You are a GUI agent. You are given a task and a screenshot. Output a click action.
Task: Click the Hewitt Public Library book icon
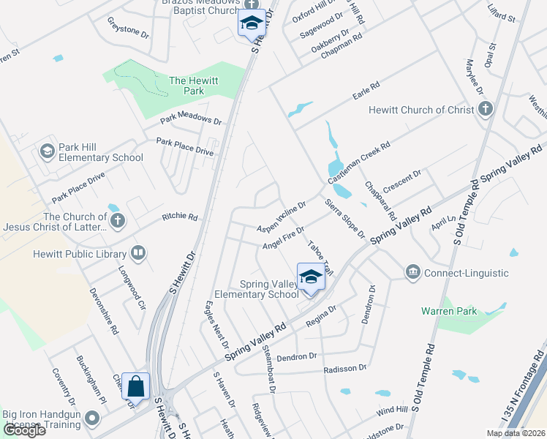pos(137,254)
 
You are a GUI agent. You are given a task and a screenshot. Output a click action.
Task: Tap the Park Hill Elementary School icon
pos(48,151)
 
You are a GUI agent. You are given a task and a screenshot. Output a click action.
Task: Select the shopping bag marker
pos(135,386)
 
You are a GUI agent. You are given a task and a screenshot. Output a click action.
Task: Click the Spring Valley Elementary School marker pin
pos(311,277)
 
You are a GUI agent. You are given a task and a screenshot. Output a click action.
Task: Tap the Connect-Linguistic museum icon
pos(413,273)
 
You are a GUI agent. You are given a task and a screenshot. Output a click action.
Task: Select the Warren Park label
pos(449,311)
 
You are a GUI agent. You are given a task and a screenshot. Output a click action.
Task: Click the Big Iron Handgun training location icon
pos(92,419)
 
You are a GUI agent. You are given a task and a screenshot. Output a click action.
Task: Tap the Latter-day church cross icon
pos(118,219)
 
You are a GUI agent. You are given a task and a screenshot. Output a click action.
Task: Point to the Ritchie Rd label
pos(180,217)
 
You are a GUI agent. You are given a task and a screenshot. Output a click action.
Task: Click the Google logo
pos(24,430)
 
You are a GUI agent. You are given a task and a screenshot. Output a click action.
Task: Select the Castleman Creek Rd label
pos(360,162)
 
